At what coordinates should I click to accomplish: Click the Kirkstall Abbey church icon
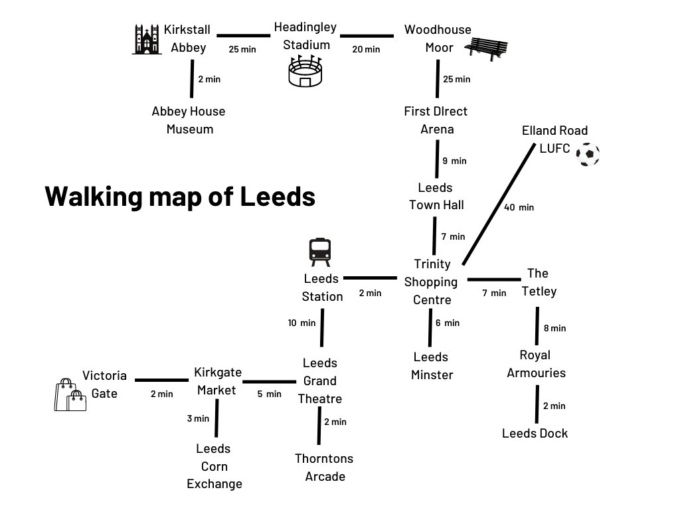pyautogui.click(x=146, y=40)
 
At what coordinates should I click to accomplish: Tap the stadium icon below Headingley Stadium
pyautogui.click(x=305, y=71)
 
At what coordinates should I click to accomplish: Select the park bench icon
pyautogui.click(x=486, y=48)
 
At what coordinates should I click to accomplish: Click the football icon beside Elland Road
pyautogui.click(x=588, y=155)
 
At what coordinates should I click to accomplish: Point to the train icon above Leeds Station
pyautogui.click(x=320, y=252)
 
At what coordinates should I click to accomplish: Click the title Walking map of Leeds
pyautogui.click(x=180, y=197)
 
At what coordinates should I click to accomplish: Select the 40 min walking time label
pyautogui.click(x=519, y=207)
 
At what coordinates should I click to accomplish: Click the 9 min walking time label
pyautogui.click(x=454, y=161)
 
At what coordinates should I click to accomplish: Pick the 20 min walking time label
pyautogui.click(x=366, y=49)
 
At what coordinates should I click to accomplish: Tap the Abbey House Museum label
pyautogui.click(x=189, y=120)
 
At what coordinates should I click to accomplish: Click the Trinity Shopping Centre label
pyautogui.click(x=432, y=282)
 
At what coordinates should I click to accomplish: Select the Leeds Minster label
pyautogui.click(x=432, y=366)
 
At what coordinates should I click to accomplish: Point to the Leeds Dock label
pyautogui.click(x=535, y=434)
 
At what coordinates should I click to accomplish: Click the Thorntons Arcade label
pyautogui.click(x=324, y=467)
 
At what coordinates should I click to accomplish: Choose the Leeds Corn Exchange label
pyautogui.click(x=214, y=466)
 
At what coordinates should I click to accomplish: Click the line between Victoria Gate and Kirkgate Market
pyautogui.click(x=163, y=380)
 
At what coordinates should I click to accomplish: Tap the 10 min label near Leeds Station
pyautogui.click(x=301, y=323)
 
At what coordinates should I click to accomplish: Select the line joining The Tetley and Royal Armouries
pyautogui.click(x=537, y=325)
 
